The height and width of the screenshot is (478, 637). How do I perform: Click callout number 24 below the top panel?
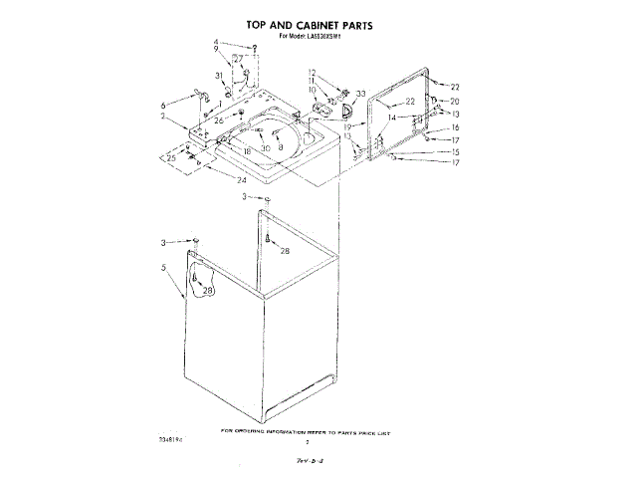click(243, 180)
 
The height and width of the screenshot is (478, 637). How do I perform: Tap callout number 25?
click(170, 157)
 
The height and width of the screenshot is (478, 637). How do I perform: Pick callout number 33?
click(361, 94)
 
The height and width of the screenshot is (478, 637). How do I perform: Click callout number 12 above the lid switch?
click(312, 72)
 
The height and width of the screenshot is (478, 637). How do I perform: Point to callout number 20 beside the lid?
click(455, 102)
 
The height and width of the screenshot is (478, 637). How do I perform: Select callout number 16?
click(455, 128)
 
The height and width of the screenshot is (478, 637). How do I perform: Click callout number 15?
click(455, 151)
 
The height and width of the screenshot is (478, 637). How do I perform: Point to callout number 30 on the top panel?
click(266, 148)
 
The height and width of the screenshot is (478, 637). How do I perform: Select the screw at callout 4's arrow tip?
click(256, 48)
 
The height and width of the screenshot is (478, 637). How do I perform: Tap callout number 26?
click(219, 119)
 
